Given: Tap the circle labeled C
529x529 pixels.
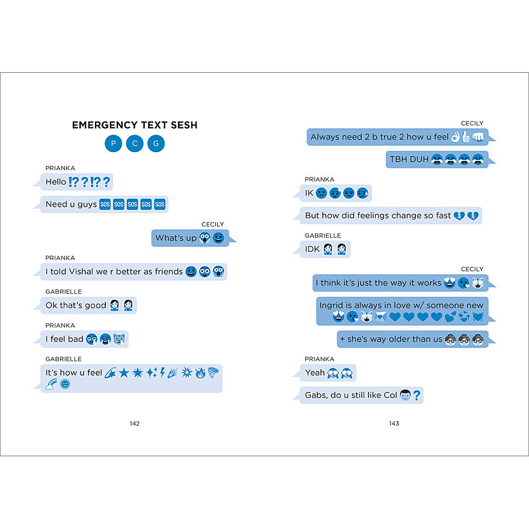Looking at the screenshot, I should pos(135,144).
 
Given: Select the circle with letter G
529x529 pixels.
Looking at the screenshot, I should pos(156,144).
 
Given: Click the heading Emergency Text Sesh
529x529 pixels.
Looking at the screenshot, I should pos(135,125).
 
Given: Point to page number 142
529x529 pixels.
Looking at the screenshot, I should pos(135,423).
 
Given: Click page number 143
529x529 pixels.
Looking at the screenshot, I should pos(394,423).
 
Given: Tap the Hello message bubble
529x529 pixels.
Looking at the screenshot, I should pos(77,182).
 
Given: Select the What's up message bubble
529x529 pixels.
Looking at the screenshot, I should pos(190,238).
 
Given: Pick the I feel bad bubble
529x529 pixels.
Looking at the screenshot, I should pos(84,339).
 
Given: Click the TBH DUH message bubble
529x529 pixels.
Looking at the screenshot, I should pos(436,159).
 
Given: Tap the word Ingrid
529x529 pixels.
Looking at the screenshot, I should pos(331,305).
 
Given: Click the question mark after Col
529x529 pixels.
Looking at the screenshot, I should pos(416,396).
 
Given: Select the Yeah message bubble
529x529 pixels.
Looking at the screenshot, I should pos(328,373).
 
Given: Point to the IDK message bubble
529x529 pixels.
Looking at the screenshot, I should pos(325,249).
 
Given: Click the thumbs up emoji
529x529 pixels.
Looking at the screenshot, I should pos(465,137).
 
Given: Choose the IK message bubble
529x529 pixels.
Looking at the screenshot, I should pos(336,193).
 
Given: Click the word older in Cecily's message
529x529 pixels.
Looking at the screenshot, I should pos(405,339).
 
